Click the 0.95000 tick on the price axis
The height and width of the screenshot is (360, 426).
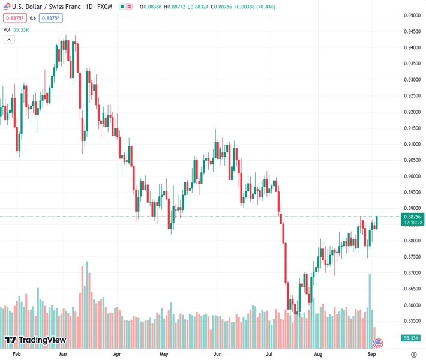pos(412,16)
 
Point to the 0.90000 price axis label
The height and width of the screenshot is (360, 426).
pos(412,176)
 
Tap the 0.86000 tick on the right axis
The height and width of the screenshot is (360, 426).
pos(412,305)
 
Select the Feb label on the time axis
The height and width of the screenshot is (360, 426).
pos(16,355)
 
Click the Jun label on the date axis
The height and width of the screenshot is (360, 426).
pos(218,355)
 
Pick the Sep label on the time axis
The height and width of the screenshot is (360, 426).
pos(371,355)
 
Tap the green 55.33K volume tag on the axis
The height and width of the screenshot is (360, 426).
pos(411,338)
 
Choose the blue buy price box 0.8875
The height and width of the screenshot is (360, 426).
pos(51,18)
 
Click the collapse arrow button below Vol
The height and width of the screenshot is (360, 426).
pos(9,40)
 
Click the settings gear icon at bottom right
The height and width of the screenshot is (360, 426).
pos(413,355)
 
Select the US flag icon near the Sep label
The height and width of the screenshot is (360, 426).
pos(378,343)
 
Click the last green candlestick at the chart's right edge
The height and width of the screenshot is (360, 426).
pos(376,222)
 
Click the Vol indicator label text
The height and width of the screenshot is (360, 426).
pos(7,29)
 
